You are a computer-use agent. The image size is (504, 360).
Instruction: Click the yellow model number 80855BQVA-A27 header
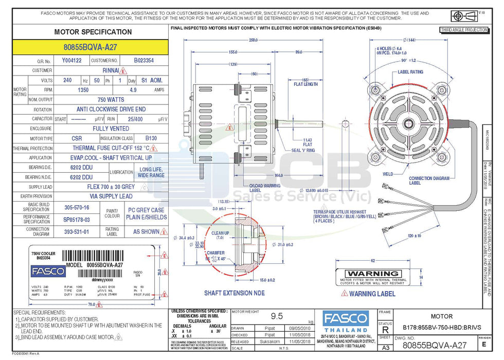pos(90,47)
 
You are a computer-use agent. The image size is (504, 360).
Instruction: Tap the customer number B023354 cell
pos(143,61)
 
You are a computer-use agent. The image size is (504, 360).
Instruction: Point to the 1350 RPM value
pos(82,89)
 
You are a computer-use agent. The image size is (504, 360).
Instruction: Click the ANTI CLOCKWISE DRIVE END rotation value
pos(111,110)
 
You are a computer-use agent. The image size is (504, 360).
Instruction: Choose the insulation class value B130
pos(151,138)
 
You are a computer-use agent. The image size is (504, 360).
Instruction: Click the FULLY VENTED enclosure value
pos(111,129)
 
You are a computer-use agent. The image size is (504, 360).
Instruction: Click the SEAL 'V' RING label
pos(303,150)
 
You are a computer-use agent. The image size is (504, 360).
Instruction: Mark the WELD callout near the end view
pos(387,174)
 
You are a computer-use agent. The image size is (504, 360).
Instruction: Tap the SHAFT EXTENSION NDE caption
pos(235,293)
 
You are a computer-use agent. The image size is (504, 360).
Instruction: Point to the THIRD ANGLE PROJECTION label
pos(463,30)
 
